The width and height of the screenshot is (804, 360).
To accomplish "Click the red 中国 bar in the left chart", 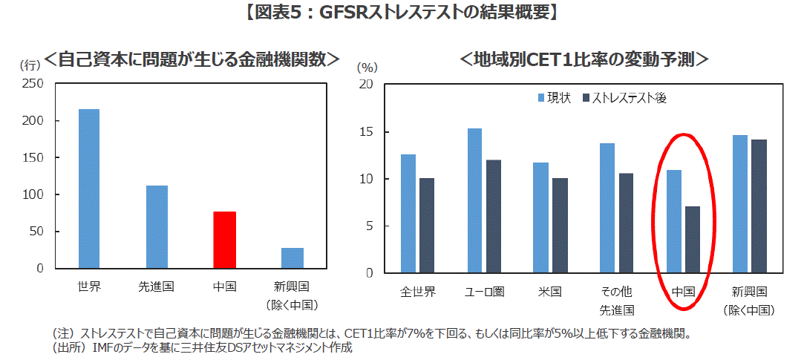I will click(x=224, y=240).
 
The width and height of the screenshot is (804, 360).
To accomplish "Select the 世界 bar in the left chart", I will click(x=88, y=189).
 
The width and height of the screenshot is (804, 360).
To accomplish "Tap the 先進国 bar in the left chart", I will click(x=157, y=226).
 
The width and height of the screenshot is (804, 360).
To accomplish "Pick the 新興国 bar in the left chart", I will click(x=292, y=258).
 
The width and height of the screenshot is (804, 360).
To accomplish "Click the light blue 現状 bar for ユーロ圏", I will click(x=474, y=200).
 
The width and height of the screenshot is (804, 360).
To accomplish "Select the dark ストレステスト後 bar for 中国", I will click(x=692, y=240).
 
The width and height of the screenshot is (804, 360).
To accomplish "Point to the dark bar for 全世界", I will click(x=427, y=226).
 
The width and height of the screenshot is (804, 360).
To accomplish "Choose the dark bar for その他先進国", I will click(x=626, y=223).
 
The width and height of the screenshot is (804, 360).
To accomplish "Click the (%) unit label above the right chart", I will click(x=368, y=67).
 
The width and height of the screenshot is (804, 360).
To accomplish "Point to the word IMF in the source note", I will click(x=102, y=347).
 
